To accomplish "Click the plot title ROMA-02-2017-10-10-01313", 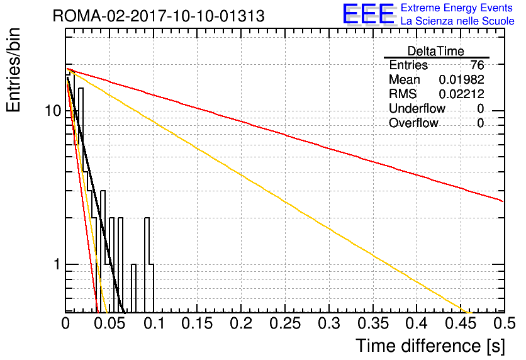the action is coord(159,16).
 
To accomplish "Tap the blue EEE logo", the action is coord(369,14).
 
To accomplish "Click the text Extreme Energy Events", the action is coord(457,8).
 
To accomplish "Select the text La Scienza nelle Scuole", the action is coord(457,21).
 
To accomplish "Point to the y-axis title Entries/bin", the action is coord(14,70).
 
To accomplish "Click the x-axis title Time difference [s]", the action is coord(430,346).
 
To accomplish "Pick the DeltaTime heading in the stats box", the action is coord(436,51).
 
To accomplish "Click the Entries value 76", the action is coord(477,65).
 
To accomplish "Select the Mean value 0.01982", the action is coord(461,79).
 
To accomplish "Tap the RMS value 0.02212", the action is coord(461,94).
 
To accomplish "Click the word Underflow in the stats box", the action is coord(417,108).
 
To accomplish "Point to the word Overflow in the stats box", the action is coord(413,123).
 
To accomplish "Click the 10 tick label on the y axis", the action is coord(53,110).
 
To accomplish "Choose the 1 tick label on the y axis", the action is coord(57,264).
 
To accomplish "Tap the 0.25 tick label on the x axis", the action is coord(285,323).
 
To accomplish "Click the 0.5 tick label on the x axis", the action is coord(505,323).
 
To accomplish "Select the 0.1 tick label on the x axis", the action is coord(154,323).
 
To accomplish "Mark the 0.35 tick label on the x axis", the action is coord(372,323).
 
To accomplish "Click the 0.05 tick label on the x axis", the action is coord(109,323).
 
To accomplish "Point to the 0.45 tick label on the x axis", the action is coord(461,323).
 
